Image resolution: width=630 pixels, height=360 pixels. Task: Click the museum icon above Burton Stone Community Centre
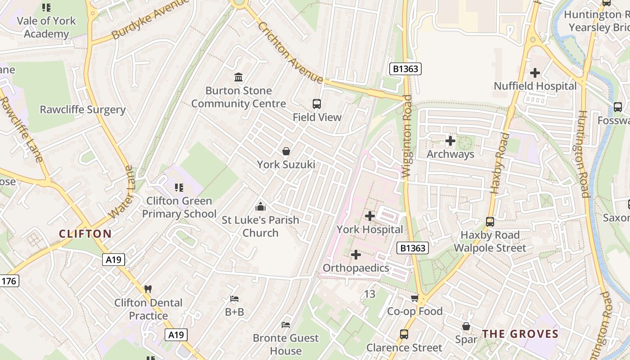tap(238, 77)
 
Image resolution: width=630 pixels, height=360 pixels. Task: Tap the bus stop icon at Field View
tap(317, 104)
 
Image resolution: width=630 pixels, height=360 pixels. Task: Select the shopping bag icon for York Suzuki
tap(286, 151)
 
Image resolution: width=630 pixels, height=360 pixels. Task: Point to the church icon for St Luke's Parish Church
tap(260, 207)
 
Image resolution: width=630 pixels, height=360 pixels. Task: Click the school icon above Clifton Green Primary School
tap(179, 187)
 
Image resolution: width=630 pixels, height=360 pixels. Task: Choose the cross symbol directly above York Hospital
tap(370, 216)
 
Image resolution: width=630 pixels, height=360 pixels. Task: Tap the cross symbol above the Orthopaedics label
tap(356, 255)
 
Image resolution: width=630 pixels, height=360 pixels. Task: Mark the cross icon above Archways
tap(450, 141)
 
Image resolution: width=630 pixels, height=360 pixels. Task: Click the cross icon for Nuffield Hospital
tap(535, 73)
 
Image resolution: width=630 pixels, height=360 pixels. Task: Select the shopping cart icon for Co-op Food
tap(414, 298)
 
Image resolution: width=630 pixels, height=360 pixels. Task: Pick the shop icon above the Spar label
tap(466, 326)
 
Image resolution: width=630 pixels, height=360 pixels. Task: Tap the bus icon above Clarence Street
tap(404, 334)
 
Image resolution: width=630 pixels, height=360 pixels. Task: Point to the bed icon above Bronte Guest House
tap(286, 325)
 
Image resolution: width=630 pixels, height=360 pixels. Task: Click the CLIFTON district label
tap(85, 234)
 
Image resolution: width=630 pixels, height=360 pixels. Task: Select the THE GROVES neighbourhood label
tap(520, 334)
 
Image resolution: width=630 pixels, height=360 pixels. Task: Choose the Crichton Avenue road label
tap(290, 52)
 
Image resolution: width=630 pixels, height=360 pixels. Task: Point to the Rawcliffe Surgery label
tap(83, 110)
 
